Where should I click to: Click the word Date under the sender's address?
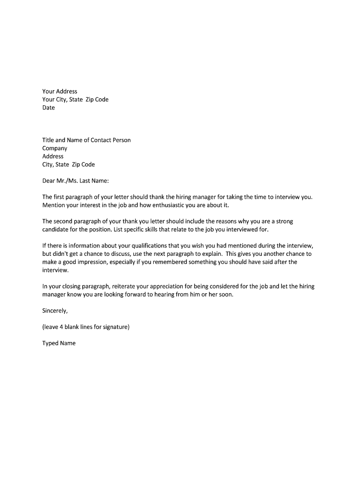tap(49, 108)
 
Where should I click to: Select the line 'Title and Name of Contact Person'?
tap(86, 140)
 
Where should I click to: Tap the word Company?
tap(55, 148)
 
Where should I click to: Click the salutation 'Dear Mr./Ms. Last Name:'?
tap(75, 181)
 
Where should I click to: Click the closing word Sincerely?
tap(55, 311)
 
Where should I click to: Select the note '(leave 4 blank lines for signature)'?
tap(86, 327)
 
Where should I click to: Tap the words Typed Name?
tap(59, 343)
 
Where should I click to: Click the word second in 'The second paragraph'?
tap(65, 221)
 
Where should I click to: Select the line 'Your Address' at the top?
tap(60, 91)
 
